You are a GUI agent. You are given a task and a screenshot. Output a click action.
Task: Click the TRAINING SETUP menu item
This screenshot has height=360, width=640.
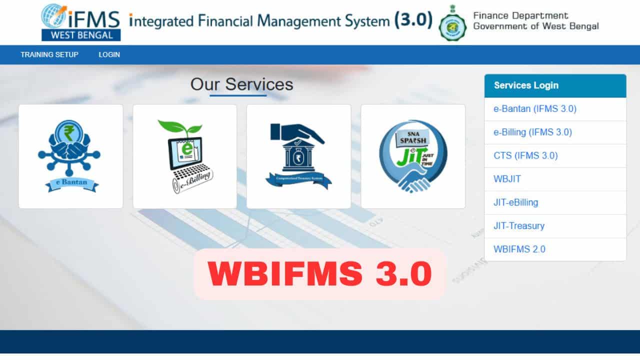pyautogui.click(x=49, y=54)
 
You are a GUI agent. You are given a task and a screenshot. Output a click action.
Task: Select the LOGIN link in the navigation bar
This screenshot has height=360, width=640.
pyautogui.click(x=109, y=54)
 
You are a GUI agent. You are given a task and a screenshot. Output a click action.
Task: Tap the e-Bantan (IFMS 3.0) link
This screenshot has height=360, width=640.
pyautogui.click(x=535, y=109)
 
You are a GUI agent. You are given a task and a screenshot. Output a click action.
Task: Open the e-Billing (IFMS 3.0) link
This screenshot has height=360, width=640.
pyautogui.click(x=532, y=132)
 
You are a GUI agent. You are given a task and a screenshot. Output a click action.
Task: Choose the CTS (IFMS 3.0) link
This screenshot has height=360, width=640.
pyautogui.click(x=525, y=155)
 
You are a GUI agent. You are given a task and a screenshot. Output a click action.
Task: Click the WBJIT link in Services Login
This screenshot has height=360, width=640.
pyautogui.click(x=507, y=179)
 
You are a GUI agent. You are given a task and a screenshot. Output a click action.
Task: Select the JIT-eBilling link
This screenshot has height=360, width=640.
pyautogui.click(x=515, y=202)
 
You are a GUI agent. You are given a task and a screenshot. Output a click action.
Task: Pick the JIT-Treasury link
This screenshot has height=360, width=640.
pyautogui.click(x=518, y=225)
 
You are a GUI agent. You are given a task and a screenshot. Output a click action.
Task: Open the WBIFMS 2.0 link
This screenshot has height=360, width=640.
pyautogui.click(x=519, y=249)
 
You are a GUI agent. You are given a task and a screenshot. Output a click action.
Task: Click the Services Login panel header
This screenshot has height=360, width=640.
pyautogui.click(x=555, y=85)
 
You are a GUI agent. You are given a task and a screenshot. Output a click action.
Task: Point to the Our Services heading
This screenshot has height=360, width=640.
pyautogui.click(x=241, y=84)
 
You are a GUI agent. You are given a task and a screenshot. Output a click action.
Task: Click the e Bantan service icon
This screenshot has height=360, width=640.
pyautogui.click(x=70, y=156)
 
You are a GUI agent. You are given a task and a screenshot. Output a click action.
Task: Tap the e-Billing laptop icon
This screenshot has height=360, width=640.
pyautogui.click(x=184, y=156)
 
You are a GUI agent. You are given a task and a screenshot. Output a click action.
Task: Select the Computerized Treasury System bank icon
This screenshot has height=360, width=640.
pyautogui.click(x=298, y=156)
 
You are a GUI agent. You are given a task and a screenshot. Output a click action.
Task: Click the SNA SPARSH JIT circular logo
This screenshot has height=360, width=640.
pyautogui.click(x=412, y=156)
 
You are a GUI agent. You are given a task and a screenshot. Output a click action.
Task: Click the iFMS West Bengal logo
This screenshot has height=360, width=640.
pyautogui.click(x=81, y=22)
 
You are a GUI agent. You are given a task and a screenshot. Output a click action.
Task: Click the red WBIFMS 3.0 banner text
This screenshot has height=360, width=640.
pyautogui.click(x=319, y=274)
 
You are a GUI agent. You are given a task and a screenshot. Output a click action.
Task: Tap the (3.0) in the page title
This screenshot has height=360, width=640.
pyautogui.click(x=413, y=20)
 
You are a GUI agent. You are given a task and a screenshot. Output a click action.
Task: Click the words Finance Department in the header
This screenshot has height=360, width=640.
pyautogui.click(x=520, y=15)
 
